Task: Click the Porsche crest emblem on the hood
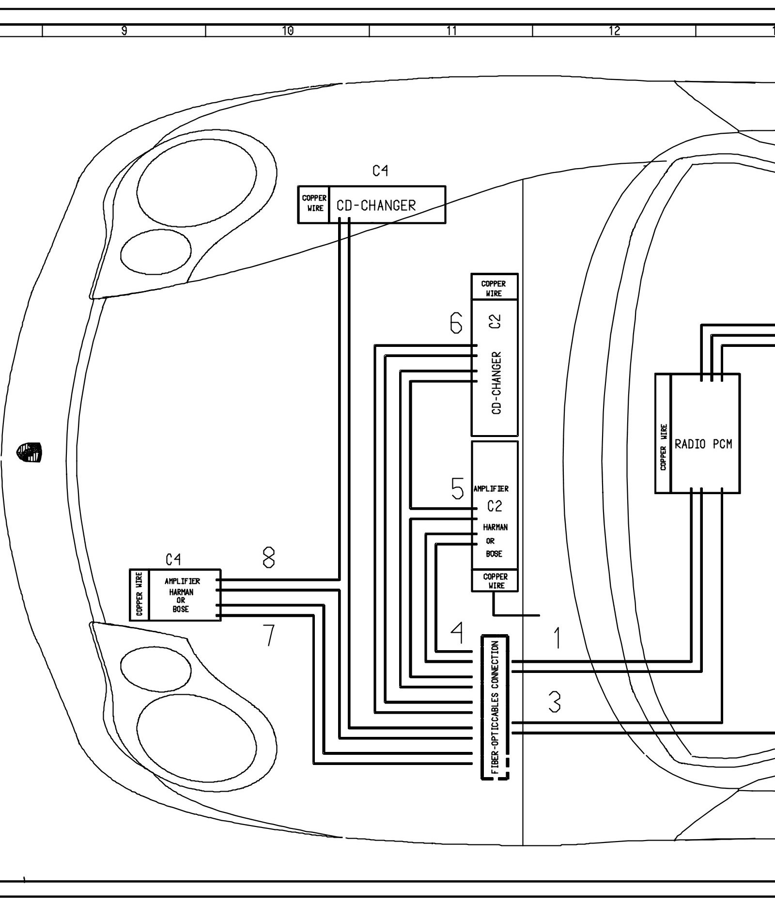[30, 452]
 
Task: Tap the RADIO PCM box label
[703, 444]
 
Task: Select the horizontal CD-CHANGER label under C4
[376, 205]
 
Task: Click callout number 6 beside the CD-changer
[456, 323]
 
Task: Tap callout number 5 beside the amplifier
[457, 488]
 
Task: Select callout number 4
[457, 632]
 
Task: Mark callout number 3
[555, 702]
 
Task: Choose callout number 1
[558, 638]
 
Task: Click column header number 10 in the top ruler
[287, 31]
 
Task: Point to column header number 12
[614, 31]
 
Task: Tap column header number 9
[124, 31]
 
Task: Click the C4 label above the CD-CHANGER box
[380, 171]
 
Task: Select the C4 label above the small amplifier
[173, 560]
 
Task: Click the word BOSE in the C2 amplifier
[494, 554]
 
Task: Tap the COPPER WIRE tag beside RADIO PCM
[663, 447]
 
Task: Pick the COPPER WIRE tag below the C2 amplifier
[495, 581]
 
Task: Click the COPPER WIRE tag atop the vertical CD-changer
[494, 288]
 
